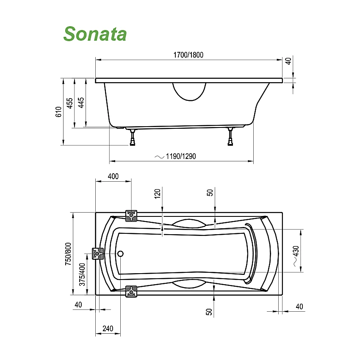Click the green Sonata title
pos(95,34)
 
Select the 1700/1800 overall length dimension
pos(189,55)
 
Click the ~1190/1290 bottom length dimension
pos(175,156)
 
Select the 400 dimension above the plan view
pos(113,176)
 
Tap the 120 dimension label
pos(157,194)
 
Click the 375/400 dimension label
pos(82,274)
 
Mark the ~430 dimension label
pos(296,255)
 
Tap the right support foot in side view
pos(230,137)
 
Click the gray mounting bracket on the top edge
pos(131,216)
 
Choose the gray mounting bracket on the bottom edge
pos(131,291)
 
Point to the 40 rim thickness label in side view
pos(288,61)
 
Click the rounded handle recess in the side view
pos(189,91)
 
